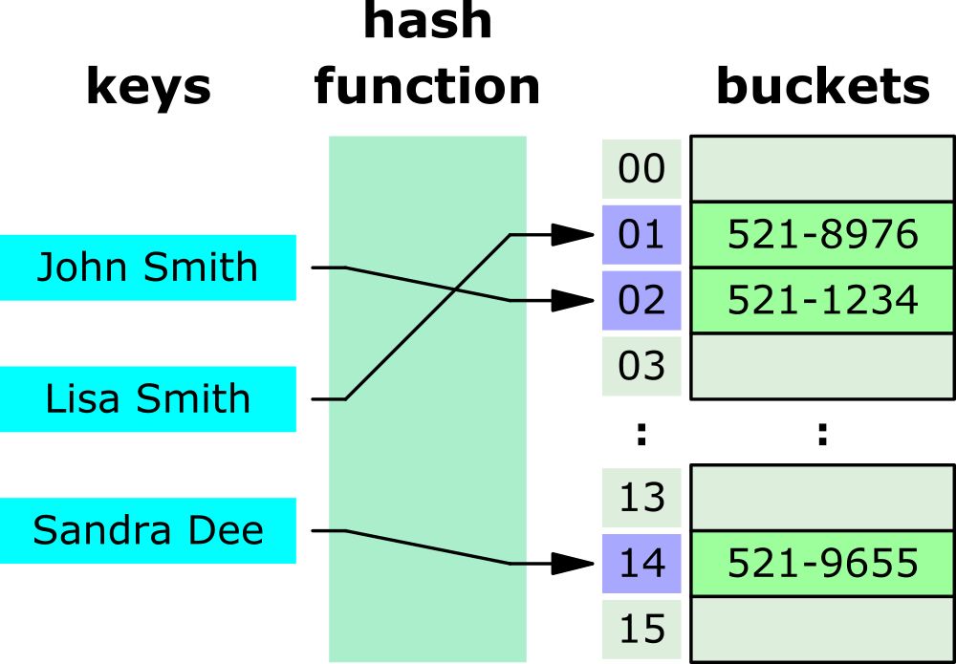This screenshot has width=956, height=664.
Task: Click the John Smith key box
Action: pyautogui.click(x=147, y=268)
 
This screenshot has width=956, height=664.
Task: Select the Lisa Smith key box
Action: pyautogui.click(x=147, y=398)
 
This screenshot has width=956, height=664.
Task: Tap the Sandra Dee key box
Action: pyautogui.click(x=147, y=530)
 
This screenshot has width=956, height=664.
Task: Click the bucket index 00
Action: pyautogui.click(x=641, y=169)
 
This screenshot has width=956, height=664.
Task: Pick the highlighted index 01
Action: pyautogui.click(x=641, y=234)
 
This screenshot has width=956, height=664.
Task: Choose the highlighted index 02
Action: pyautogui.click(x=641, y=300)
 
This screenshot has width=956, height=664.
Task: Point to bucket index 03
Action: pyautogui.click(x=641, y=366)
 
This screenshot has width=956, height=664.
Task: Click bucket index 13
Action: pyautogui.click(x=641, y=498)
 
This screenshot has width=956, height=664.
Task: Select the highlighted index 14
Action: pyautogui.click(x=641, y=564)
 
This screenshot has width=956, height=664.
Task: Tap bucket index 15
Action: pyautogui.click(x=641, y=630)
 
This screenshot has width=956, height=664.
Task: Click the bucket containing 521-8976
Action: pyautogui.click(x=822, y=234)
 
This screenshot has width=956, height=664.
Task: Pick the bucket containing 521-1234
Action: pyautogui.click(x=822, y=300)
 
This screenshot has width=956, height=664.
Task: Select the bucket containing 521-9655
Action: pyautogui.click(x=822, y=564)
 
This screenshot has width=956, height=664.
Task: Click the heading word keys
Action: pyautogui.click(x=148, y=88)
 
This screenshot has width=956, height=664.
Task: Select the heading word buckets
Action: pyautogui.click(x=822, y=88)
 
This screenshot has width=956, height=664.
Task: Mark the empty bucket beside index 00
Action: pyautogui.click(x=822, y=169)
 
